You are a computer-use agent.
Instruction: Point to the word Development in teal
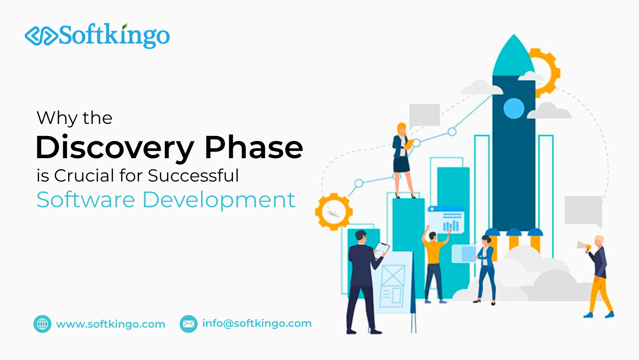click(x=219, y=200)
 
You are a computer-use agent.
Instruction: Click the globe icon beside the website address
click(x=42, y=324)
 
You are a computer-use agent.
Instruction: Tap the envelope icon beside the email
click(x=189, y=324)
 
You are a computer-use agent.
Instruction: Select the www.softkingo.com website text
click(x=111, y=324)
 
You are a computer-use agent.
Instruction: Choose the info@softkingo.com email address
click(x=257, y=323)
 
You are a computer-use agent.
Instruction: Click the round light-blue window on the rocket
click(x=514, y=108)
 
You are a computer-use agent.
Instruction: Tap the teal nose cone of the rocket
click(x=514, y=56)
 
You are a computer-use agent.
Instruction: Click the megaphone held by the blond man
click(x=583, y=246)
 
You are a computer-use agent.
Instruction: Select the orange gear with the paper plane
click(x=334, y=212)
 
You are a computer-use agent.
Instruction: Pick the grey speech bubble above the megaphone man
click(x=583, y=210)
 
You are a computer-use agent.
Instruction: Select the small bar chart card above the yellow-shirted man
click(x=446, y=221)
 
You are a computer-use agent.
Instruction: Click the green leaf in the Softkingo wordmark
click(x=125, y=26)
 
